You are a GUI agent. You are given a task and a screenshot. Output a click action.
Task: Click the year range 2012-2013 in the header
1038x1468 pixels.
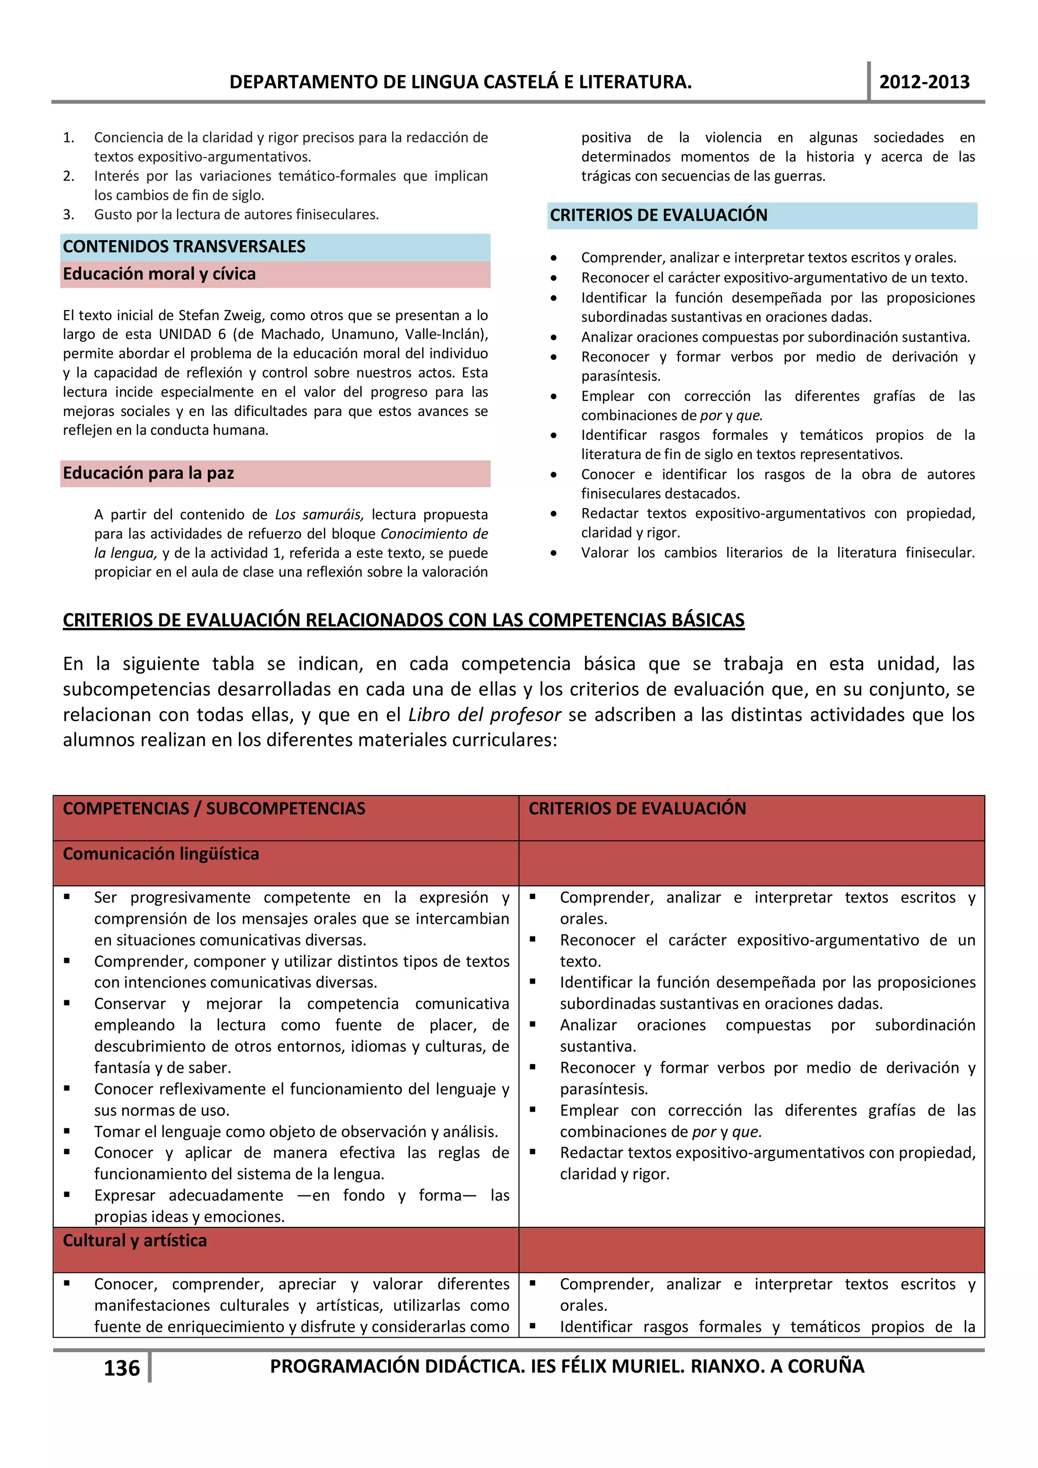(x=923, y=82)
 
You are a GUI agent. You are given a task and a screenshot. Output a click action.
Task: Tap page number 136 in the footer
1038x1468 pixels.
(x=122, y=1368)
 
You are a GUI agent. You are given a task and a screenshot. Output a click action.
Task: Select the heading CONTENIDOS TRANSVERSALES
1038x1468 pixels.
(x=184, y=246)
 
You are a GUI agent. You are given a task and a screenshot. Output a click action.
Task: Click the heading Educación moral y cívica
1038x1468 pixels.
(x=159, y=274)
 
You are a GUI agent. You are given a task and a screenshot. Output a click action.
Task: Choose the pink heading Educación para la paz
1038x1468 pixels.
(x=149, y=473)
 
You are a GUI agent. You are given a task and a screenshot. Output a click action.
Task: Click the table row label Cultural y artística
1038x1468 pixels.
(x=135, y=1240)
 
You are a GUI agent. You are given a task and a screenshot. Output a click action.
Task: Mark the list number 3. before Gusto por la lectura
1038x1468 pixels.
(x=68, y=215)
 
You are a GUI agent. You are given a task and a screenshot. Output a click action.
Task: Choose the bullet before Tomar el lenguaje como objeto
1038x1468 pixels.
(x=67, y=1131)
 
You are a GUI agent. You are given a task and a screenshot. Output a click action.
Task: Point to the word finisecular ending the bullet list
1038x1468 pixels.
(x=939, y=553)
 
